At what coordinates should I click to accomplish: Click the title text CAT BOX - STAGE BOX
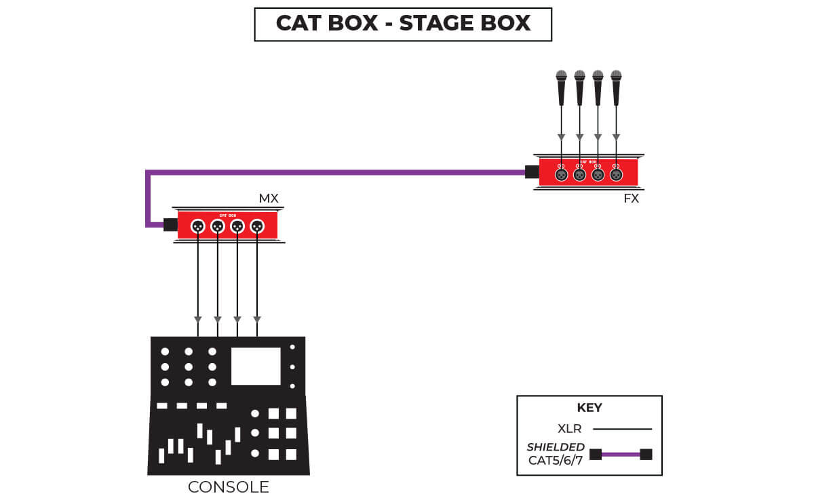coord(403,24)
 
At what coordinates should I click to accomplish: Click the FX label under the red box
coord(631,199)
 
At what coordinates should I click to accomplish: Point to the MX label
coord(269,199)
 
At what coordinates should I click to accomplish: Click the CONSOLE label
coord(229,487)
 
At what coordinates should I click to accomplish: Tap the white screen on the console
coord(256,367)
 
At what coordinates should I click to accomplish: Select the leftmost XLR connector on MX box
coord(197,226)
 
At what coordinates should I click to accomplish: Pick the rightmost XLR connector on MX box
coord(256,226)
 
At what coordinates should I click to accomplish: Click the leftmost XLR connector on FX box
coord(561,174)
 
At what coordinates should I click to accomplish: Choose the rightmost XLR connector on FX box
coord(616,174)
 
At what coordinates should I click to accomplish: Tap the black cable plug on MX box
coord(170,224)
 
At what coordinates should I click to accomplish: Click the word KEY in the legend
coord(589,408)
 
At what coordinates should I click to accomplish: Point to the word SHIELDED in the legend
coord(556,447)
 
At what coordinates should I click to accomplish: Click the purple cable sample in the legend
coord(621,454)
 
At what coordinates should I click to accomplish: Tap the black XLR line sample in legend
coord(622,429)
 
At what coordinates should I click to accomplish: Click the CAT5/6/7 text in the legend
coord(556,461)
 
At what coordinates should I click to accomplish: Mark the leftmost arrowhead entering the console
coord(197,320)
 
